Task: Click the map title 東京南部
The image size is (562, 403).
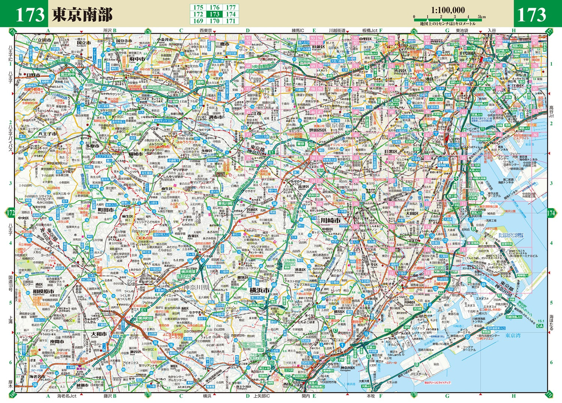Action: [x=82, y=14]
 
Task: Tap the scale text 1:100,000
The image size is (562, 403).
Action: [x=447, y=10]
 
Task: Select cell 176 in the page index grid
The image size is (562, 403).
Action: [x=214, y=7]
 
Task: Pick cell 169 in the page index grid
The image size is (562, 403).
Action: [x=198, y=21]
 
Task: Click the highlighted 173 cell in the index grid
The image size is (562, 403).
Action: [x=214, y=14]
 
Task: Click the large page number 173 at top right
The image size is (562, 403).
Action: [x=532, y=15]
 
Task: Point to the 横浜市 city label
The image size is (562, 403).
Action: [x=260, y=290]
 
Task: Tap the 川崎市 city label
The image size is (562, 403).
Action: [x=330, y=221]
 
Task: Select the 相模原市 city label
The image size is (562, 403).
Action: [x=43, y=291]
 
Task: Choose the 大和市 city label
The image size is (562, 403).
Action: [x=99, y=334]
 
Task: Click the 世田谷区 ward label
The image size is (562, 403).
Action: [x=318, y=130]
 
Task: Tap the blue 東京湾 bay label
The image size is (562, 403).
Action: [x=513, y=335]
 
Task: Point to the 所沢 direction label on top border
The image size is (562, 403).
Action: [x=108, y=30]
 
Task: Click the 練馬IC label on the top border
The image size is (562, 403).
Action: [x=298, y=30]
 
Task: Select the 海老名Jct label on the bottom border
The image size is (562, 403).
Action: [x=67, y=396]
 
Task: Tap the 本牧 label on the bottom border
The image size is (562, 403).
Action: [x=370, y=396]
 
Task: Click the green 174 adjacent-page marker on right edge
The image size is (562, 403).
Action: [x=551, y=213]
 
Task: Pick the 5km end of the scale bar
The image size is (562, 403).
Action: [x=481, y=17]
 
